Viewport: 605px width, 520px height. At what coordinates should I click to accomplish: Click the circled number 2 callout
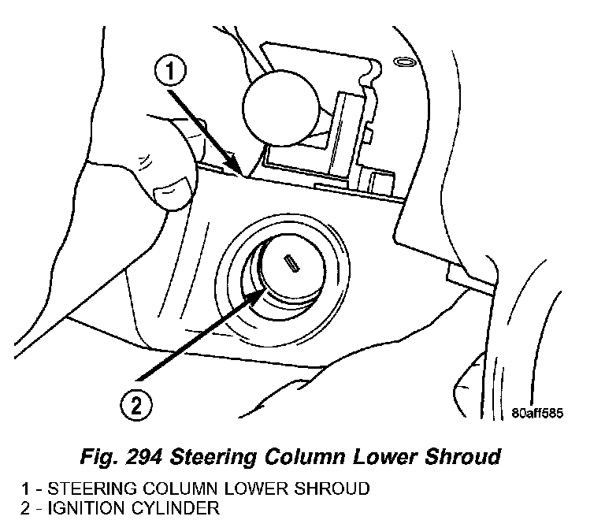[x=135, y=407]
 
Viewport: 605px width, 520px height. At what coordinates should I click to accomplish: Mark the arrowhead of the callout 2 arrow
[x=262, y=292]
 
